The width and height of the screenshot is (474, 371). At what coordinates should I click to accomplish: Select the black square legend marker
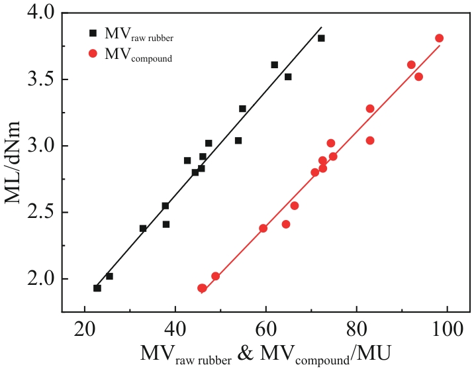click(x=93, y=32)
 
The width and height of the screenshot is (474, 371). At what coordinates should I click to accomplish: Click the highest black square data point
click(x=321, y=38)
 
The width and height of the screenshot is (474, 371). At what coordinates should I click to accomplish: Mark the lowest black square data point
click(x=97, y=288)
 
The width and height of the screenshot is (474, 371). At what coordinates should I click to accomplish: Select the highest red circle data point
click(x=439, y=38)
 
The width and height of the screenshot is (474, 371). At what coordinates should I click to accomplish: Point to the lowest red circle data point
click(x=202, y=288)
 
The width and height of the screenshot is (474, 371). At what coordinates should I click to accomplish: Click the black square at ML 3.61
click(x=275, y=65)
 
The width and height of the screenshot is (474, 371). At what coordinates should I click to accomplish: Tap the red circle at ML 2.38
click(x=263, y=229)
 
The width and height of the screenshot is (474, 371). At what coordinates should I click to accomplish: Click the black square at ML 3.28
click(x=242, y=109)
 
